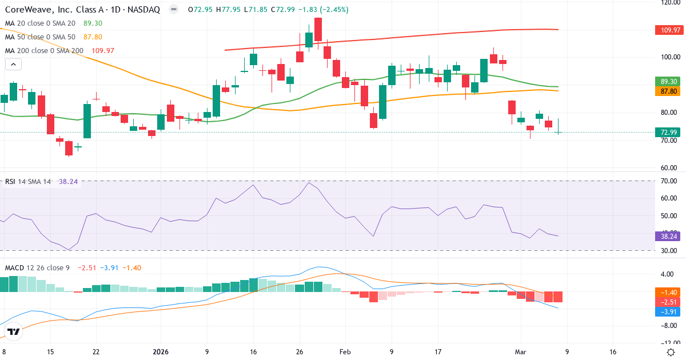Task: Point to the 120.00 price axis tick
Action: point(669,2)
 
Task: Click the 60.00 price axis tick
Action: point(669,168)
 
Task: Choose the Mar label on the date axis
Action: point(521,352)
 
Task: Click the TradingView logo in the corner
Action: point(13,332)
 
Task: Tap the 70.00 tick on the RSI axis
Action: point(669,181)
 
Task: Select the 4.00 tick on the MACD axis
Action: point(669,274)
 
